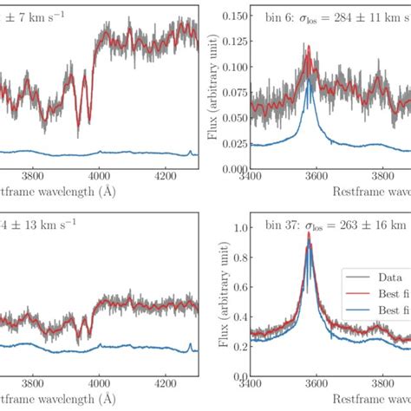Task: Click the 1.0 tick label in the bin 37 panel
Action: point(238,228)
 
